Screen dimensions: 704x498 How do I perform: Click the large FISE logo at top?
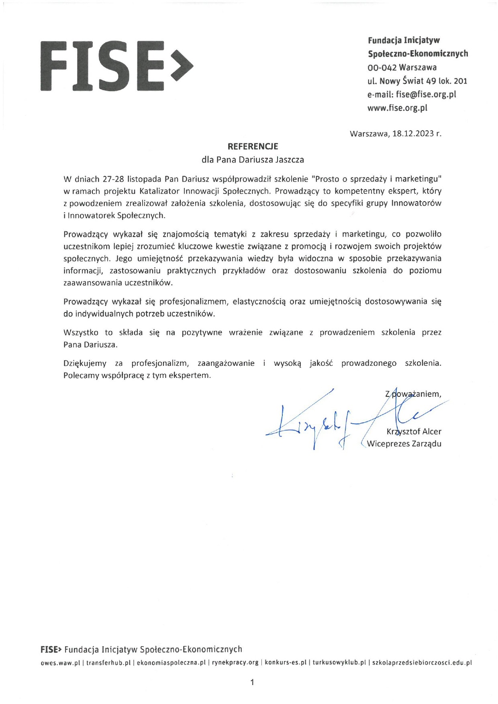pyautogui.click(x=116, y=65)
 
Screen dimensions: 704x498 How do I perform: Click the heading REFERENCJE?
pyautogui.click(x=253, y=147)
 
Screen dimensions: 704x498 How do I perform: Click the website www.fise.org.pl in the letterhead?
pyautogui.click(x=397, y=108)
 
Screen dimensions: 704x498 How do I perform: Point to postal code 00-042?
pyautogui.click(x=382, y=67)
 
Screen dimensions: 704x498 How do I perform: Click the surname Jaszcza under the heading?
pyautogui.click(x=289, y=160)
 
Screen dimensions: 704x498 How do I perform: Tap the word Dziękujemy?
pyautogui.click(x=85, y=363)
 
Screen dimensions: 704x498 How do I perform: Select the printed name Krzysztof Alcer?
pyautogui.click(x=414, y=432)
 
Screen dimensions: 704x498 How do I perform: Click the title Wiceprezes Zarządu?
pyautogui.click(x=404, y=444)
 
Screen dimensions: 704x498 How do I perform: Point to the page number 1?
pyautogui.click(x=252, y=682)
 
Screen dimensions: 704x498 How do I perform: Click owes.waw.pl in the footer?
pyautogui.click(x=60, y=663)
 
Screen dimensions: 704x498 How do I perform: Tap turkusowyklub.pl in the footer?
pyautogui.click(x=339, y=663)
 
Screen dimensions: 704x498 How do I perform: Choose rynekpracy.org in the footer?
pyautogui.click(x=235, y=663)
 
